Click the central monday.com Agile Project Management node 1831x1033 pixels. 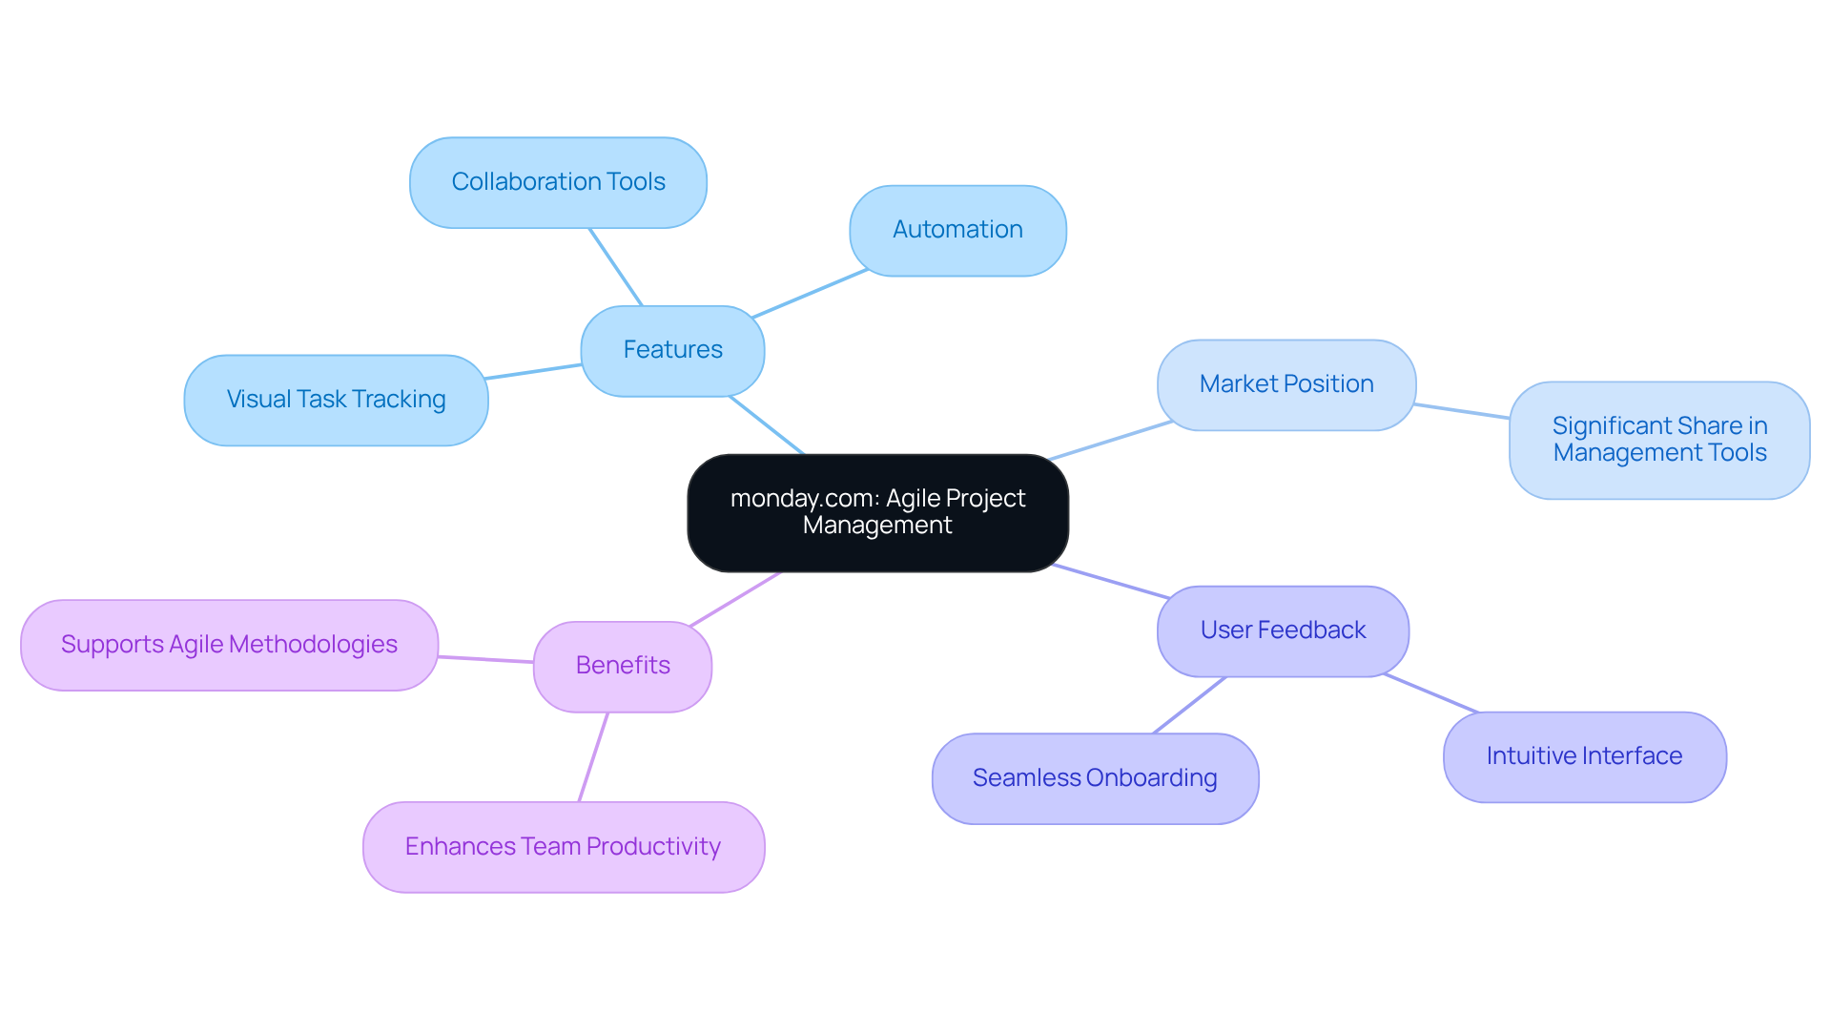[x=877, y=512]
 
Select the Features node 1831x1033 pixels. [x=672, y=350]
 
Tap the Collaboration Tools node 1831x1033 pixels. [x=558, y=182]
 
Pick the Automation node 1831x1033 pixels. [x=957, y=230]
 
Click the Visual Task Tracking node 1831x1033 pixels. [x=336, y=400]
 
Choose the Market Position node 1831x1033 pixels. [x=1286, y=384]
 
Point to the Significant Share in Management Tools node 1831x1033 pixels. [x=1659, y=440]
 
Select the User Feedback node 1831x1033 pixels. [x=1283, y=630]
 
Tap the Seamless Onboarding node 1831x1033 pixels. [x=1095, y=778]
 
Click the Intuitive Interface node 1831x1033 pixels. [x=1584, y=756]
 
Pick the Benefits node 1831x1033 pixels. [x=623, y=666]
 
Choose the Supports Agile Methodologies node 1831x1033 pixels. [x=229, y=645]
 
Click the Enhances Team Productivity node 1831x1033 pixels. [x=563, y=847]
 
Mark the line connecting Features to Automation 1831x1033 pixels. [x=810, y=294]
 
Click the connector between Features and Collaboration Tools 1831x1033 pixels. [x=615, y=266]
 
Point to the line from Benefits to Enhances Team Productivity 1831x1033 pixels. [x=593, y=756]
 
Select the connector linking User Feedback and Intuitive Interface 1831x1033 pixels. [x=1430, y=693]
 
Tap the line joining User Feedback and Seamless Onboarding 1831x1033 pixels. [x=1189, y=705]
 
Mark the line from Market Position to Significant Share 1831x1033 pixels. [x=1462, y=411]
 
